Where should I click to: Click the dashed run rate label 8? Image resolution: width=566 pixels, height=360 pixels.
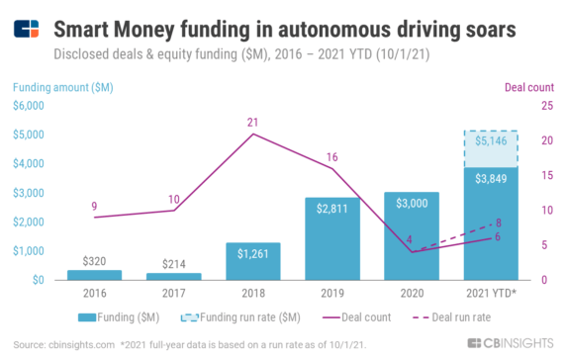[499, 223]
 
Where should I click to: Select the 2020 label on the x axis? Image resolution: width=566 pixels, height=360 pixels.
[411, 295]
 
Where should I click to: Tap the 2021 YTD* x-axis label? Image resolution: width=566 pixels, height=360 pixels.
[488, 295]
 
